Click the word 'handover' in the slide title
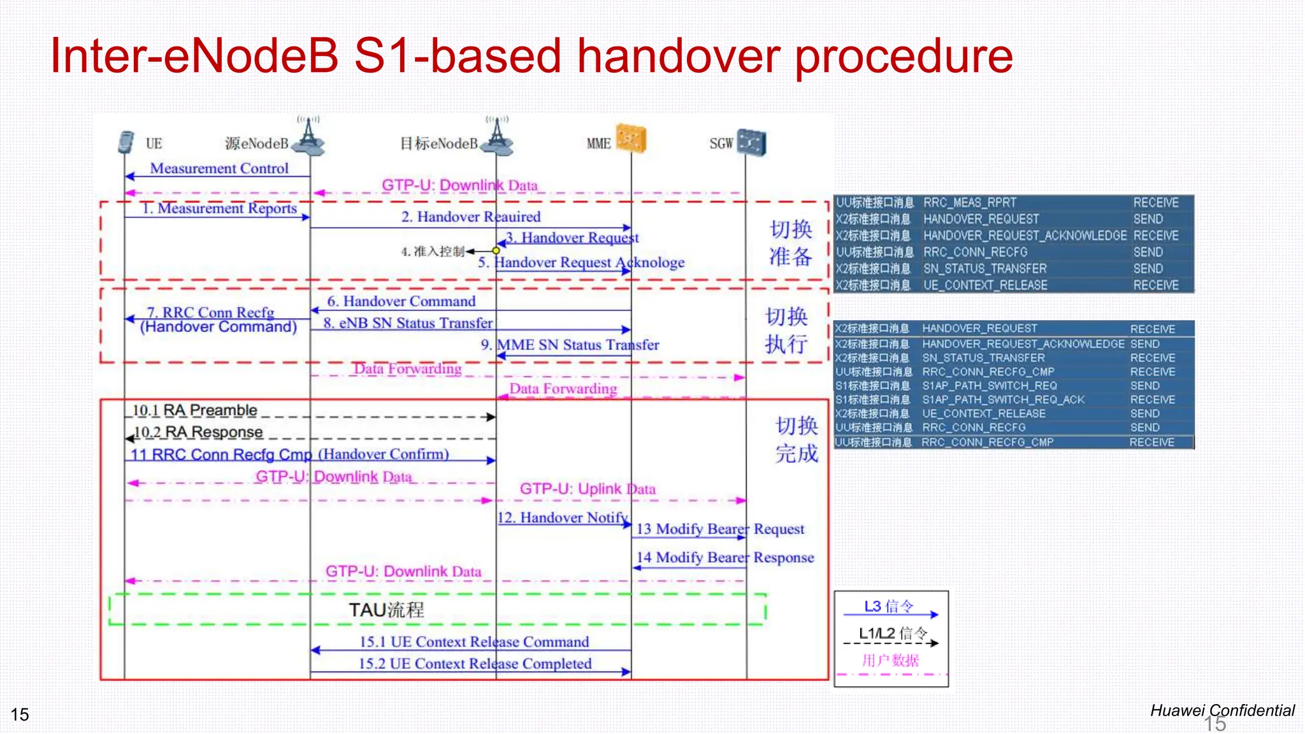[x=678, y=56]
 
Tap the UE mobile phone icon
[x=126, y=142]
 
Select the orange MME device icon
[x=631, y=139]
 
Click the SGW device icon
[x=752, y=142]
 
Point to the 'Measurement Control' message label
[x=219, y=168]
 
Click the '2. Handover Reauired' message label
[x=471, y=217]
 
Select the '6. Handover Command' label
[x=401, y=301]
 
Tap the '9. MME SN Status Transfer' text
[x=570, y=345]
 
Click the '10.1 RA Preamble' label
[x=194, y=410]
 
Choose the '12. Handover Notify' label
[x=563, y=517]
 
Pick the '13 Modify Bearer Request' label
[x=720, y=529]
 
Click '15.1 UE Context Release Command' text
[x=474, y=642]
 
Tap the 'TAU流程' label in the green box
[x=386, y=610]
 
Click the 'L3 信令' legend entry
[x=888, y=606]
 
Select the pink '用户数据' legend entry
[x=890, y=660]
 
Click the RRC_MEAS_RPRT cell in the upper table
[x=970, y=203]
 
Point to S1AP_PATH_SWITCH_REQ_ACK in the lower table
[x=1003, y=399]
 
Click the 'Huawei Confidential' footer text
[x=1222, y=710]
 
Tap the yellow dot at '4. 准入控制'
[x=496, y=251]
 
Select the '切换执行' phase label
[x=786, y=330]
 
